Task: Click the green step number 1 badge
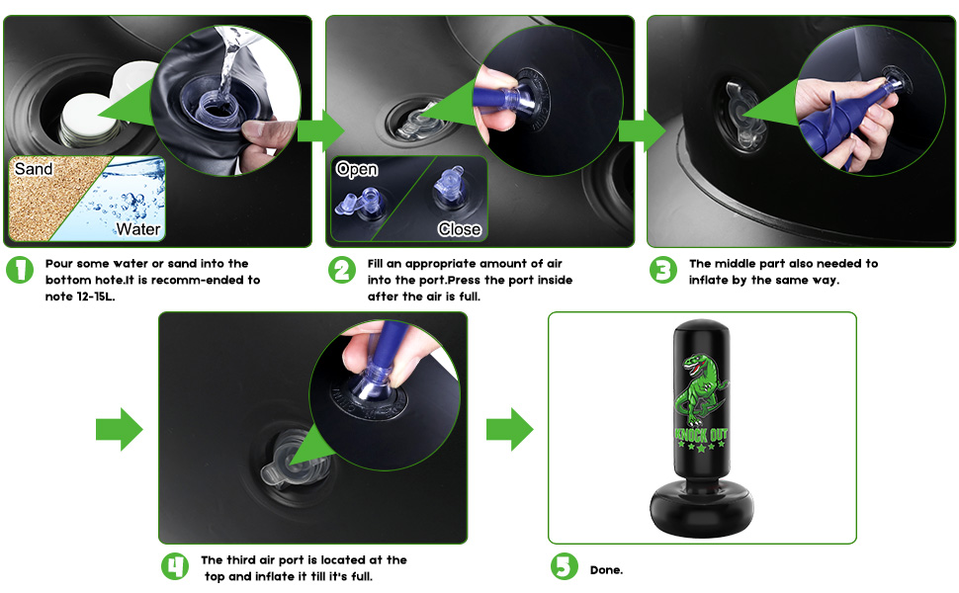pos(20,270)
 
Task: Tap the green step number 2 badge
pos(342,270)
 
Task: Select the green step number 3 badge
pos(663,270)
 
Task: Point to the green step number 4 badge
pos(175,566)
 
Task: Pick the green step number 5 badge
pos(564,566)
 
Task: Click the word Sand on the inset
pos(34,169)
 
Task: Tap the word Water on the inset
pos(138,229)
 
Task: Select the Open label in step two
pos(357,169)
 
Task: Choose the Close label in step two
pos(460,229)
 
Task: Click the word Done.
pos(607,569)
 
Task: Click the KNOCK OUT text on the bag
pos(701,435)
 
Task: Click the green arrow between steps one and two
pos(320,130)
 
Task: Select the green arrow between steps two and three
pos(643,130)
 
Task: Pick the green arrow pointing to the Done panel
pos(509,430)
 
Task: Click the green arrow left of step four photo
pos(120,430)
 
